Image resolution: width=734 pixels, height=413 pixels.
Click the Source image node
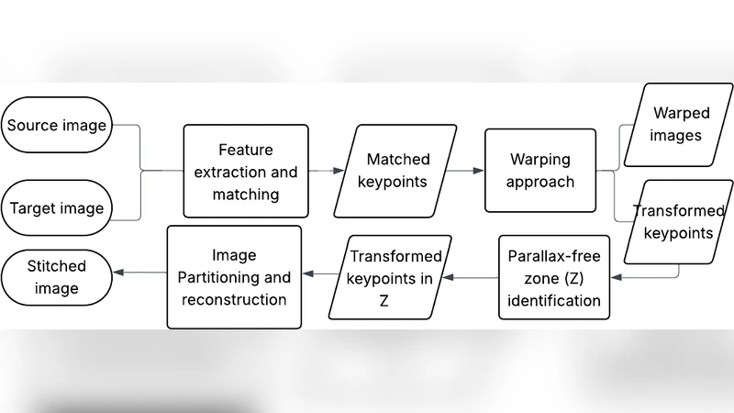point(57,125)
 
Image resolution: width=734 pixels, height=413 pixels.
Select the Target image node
point(57,207)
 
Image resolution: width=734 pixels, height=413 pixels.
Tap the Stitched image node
point(57,277)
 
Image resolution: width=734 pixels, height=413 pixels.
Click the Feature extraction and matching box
point(245,171)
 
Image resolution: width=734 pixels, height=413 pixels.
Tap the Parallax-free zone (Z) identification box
point(554,277)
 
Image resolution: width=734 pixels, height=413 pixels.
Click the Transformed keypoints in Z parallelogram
point(395,277)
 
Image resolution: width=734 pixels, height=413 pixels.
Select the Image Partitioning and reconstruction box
point(234,276)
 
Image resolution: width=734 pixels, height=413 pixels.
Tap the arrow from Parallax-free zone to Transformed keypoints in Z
point(470,276)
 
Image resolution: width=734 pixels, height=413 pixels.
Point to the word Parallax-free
point(554,255)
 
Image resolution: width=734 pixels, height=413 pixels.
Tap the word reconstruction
point(234,299)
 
